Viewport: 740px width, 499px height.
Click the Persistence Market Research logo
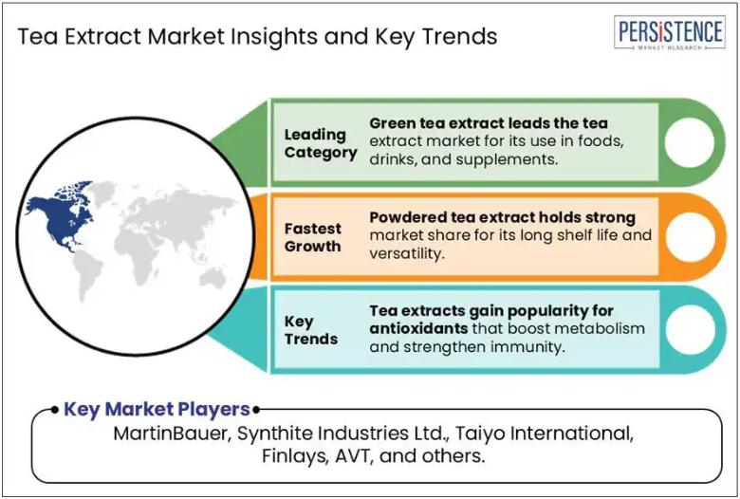point(669,32)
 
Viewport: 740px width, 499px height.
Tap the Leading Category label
point(321,143)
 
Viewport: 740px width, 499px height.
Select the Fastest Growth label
point(312,237)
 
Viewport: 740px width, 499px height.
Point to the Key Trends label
point(310,330)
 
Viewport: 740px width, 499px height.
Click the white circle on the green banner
point(690,142)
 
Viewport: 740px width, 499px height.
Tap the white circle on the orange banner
point(690,236)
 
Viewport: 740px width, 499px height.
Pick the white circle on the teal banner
point(690,330)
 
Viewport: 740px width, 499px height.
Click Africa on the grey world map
point(137,255)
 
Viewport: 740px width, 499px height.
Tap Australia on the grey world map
point(213,278)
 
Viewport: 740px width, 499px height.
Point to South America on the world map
point(87,274)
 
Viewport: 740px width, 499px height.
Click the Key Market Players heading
point(157,409)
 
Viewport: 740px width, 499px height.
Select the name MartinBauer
point(172,434)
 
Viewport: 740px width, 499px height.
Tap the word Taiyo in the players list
point(479,434)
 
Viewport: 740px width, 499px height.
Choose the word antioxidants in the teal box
point(418,328)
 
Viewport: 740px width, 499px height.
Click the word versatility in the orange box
point(407,254)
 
